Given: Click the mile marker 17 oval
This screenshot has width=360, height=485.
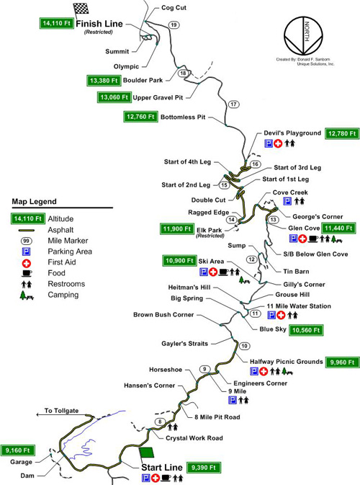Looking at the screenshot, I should click(233, 104).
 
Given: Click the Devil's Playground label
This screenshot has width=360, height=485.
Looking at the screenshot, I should click(292, 133).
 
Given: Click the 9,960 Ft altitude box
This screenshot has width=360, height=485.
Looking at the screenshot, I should click(341, 361).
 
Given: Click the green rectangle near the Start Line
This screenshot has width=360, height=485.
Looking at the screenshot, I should click(146, 452).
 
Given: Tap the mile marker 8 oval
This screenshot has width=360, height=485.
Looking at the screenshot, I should click(159, 422).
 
